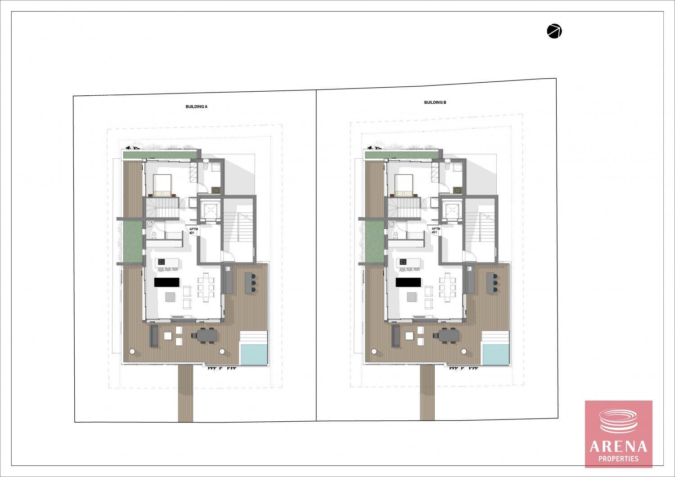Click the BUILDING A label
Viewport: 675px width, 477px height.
(x=197, y=107)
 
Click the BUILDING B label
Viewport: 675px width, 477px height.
(x=435, y=103)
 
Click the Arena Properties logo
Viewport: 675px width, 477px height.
(x=619, y=434)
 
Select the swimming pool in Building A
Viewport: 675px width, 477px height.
(x=254, y=354)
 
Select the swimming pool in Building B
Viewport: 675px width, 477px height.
(x=496, y=354)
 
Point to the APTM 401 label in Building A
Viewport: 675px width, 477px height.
(x=193, y=231)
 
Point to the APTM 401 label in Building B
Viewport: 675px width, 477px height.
(x=436, y=231)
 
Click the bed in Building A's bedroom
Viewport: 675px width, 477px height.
(x=162, y=186)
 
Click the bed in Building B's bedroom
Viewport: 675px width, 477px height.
(x=404, y=186)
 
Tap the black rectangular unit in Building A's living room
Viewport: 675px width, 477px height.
(x=166, y=282)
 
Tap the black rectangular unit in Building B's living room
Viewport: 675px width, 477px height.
(x=408, y=282)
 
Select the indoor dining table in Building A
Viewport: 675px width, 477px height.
(x=206, y=287)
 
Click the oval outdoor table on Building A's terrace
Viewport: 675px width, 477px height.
(x=207, y=335)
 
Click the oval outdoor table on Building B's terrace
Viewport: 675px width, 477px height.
(x=449, y=335)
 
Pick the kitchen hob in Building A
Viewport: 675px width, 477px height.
(x=162, y=262)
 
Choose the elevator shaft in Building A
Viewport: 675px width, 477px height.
(x=210, y=210)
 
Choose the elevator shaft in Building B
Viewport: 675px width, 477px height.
(x=452, y=210)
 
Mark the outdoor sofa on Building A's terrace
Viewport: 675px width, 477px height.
(x=154, y=336)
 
